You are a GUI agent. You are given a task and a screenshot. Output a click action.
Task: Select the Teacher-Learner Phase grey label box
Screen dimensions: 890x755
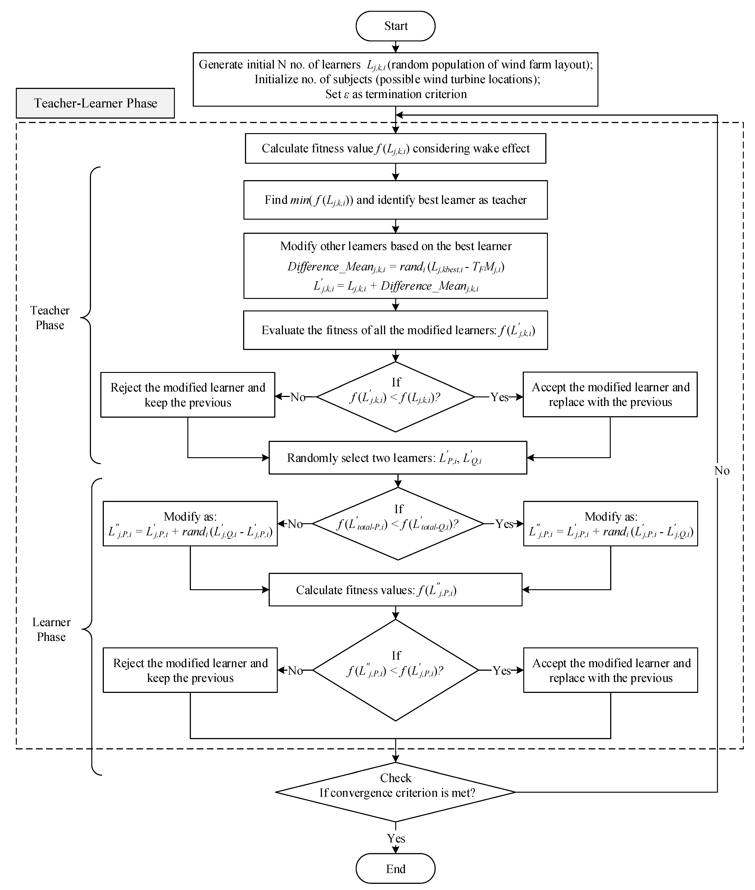(95, 103)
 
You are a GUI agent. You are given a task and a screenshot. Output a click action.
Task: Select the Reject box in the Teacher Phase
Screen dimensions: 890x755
(188, 395)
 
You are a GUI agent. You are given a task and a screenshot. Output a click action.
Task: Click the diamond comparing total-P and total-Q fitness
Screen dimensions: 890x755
(398, 524)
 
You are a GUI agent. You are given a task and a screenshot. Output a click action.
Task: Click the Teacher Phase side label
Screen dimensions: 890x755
(50, 318)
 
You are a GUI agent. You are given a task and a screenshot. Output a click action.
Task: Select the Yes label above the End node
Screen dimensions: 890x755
(395, 838)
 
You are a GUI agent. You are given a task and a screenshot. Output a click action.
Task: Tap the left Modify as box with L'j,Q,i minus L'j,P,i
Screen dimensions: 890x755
(190, 524)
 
